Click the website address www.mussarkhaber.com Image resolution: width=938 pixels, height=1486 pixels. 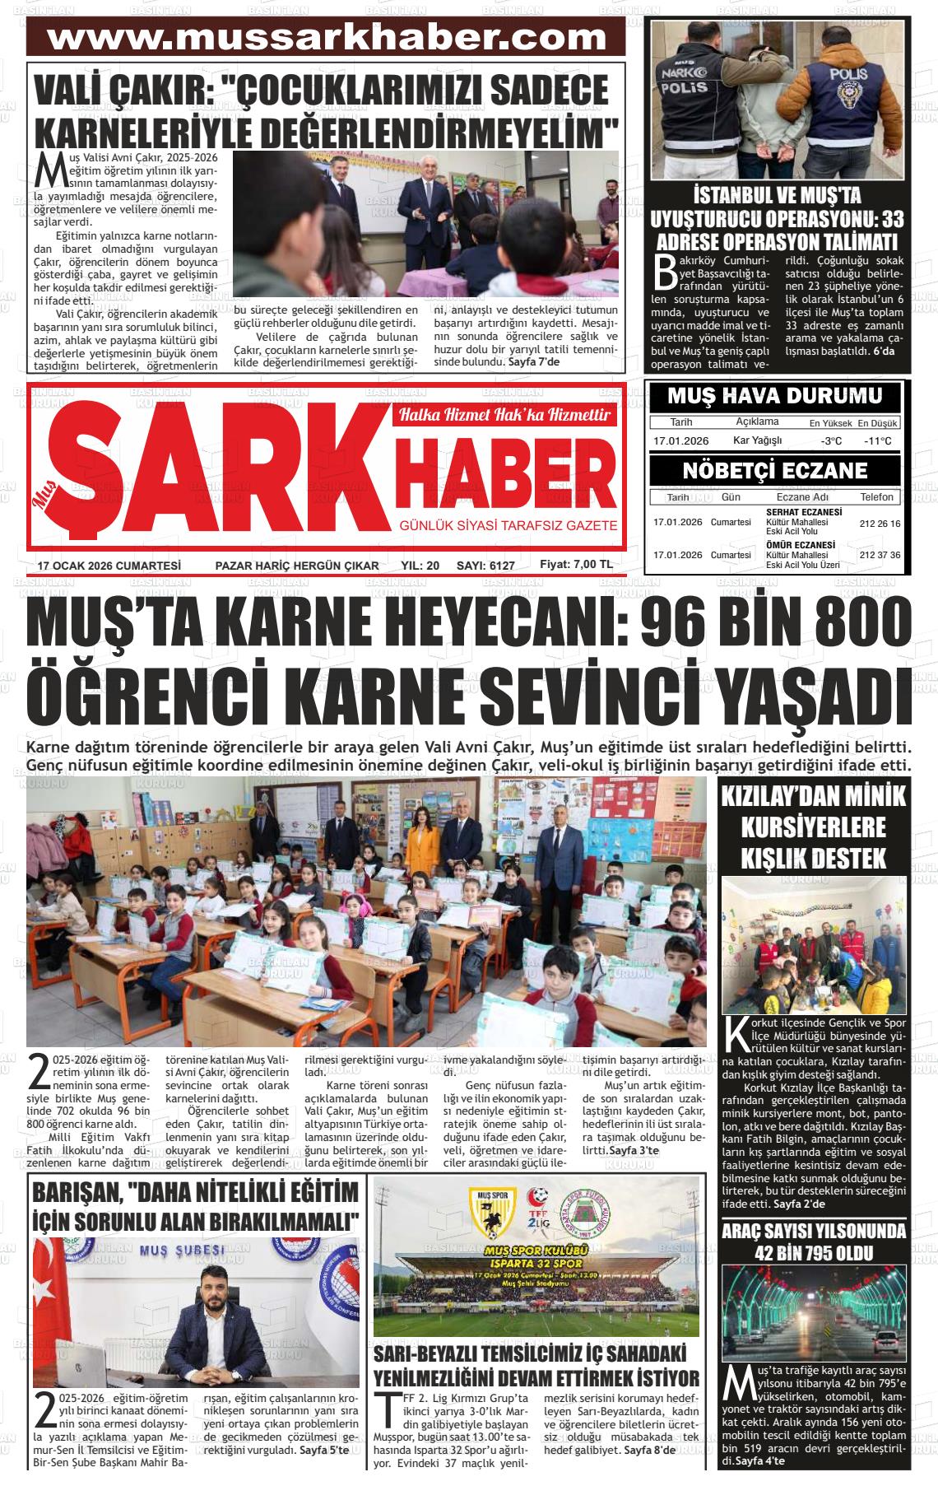pyautogui.click(x=327, y=38)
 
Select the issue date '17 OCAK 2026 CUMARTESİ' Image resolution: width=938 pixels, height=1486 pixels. pyautogui.click(x=109, y=566)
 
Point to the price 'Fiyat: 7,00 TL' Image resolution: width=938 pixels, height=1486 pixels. pyautogui.click(x=576, y=565)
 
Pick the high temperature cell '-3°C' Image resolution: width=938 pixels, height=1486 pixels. pyautogui.click(x=831, y=441)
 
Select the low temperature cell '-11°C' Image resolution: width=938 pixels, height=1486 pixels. pyautogui.click(x=878, y=441)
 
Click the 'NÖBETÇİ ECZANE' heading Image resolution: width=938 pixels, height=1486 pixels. pyautogui.click(x=773, y=471)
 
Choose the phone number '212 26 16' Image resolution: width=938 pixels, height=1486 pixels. pyautogui.click(x=880, y=524)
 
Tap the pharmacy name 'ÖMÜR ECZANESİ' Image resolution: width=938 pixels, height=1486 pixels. pyautogui.click(x=801, y=545)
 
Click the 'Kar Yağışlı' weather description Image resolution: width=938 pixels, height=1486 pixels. pyautogui.click(x=757, y=440)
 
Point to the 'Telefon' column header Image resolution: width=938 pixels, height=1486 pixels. pyautogui.click(x=877, y=497)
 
